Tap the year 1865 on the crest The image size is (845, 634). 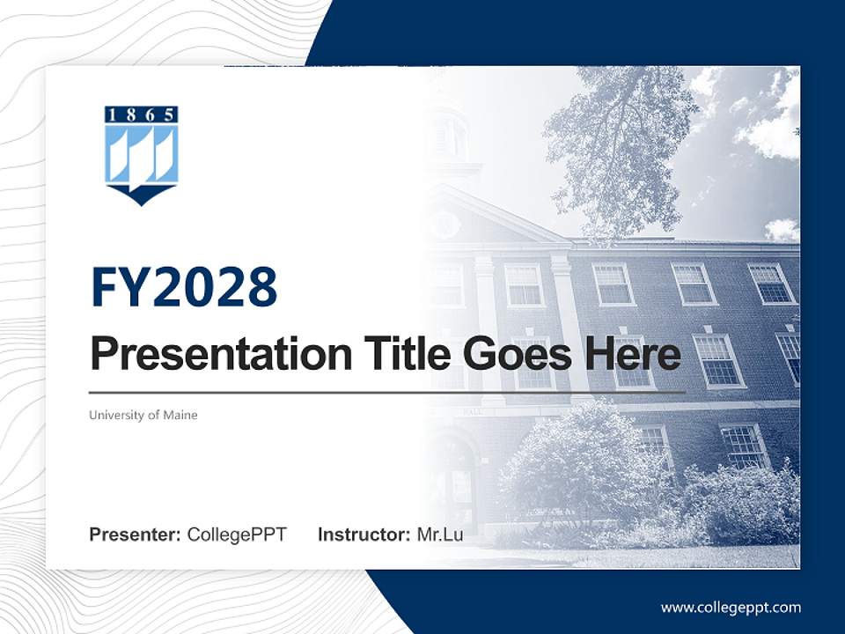(142, 114)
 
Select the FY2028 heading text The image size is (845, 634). (184, 286)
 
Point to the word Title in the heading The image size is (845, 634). (394, 354)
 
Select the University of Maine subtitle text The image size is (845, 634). (143, 415)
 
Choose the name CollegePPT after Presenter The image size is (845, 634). (237, 534)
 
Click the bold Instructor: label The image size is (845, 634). (364, 534)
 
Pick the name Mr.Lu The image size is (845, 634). (440, 534)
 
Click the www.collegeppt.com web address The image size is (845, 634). (731, 608)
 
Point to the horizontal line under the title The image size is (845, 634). (387, 392)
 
